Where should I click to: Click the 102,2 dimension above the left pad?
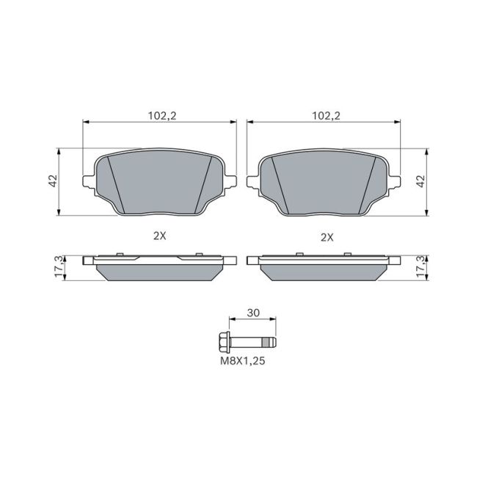159,115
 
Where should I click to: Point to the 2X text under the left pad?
159,236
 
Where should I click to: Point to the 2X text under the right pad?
327,236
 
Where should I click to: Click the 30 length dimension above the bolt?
253,313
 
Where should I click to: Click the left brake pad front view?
161,183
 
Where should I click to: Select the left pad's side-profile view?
161,269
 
